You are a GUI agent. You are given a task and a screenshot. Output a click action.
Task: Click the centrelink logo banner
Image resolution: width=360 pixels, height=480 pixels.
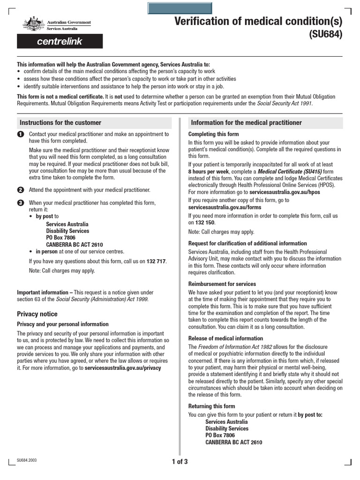(x=60, y=41)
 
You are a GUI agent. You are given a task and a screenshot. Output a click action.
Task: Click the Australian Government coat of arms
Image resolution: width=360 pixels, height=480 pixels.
(x=33, y=24)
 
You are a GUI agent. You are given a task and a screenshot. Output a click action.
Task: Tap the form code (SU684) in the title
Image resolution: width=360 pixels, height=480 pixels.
(x=325, y=34)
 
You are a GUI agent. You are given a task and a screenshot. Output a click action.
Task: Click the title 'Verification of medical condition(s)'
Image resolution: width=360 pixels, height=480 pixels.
(x=258, y=21)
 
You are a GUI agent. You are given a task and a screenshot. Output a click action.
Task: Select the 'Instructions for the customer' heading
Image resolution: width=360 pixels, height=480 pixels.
(x=60, y=123)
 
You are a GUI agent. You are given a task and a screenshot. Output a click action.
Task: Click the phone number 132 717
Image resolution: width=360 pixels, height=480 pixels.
(x=156, y=261)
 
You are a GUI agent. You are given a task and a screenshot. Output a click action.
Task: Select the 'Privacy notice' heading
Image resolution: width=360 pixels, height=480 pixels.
(x=37, y=314)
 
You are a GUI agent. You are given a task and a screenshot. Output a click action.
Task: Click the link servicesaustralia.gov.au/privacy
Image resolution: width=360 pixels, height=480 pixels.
(x=122, y=368)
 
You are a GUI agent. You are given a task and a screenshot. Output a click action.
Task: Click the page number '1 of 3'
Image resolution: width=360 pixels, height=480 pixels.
(x=180, y=462)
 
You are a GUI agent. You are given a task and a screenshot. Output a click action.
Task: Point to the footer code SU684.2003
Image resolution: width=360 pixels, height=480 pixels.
(x=27, y=460)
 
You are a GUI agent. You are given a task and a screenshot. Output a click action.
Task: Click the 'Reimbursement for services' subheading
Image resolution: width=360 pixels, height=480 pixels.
(x=222, y=284)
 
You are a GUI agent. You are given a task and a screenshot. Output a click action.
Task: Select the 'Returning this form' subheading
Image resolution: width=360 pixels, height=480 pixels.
(x=211, y=406)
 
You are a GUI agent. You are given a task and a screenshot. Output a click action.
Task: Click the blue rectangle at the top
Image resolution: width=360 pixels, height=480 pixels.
(x=180, y=8)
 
